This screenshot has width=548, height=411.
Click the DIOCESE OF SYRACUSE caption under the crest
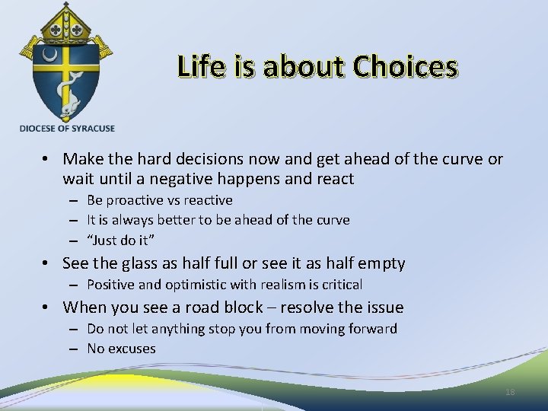68,129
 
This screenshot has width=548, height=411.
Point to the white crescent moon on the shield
51,56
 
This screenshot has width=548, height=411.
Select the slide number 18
510,391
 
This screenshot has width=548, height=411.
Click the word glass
139,263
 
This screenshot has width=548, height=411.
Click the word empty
381,263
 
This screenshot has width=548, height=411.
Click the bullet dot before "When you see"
47,307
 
